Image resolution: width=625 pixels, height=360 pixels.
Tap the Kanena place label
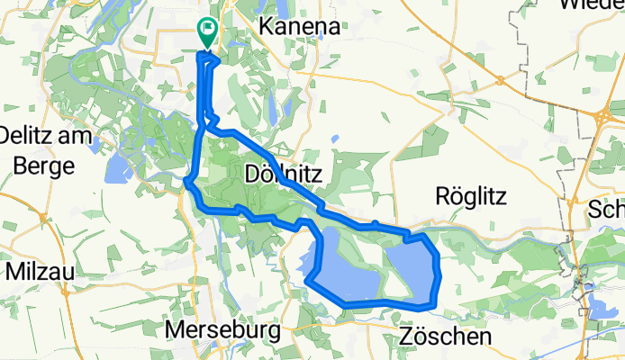tap(299, 27)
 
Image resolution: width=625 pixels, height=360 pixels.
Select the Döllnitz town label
tap(278, 171)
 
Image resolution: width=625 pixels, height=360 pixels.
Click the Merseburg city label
tap(222, 330)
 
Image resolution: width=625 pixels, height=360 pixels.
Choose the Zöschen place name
tap(445, 337)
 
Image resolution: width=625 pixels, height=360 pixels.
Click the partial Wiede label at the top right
tap(591, 4)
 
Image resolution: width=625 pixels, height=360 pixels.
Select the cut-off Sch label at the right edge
tap(605, 210)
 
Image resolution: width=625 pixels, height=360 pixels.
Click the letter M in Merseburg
tap(175, 330)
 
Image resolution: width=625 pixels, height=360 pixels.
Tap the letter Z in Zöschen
tap(404, 337)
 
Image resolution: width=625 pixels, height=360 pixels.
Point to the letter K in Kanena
tap(267, 27)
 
